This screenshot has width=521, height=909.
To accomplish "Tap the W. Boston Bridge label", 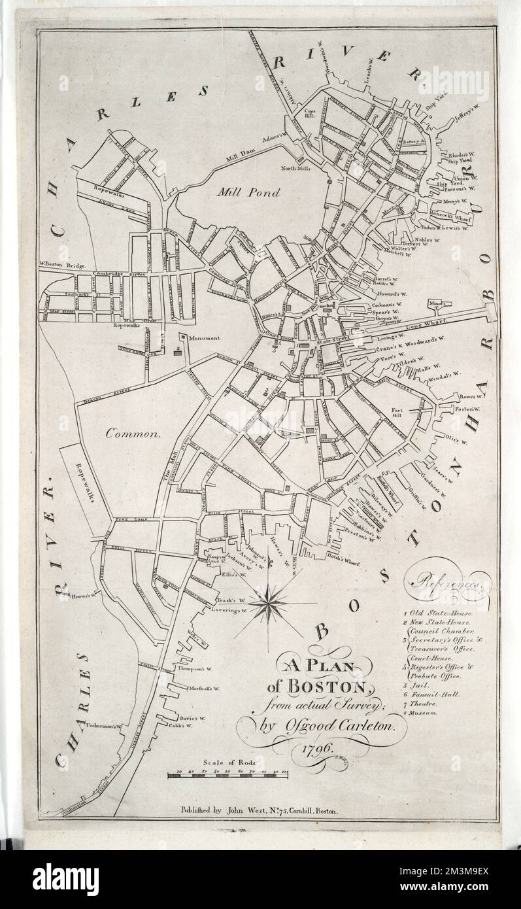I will [67, 264].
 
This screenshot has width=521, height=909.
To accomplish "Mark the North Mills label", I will [295, 168].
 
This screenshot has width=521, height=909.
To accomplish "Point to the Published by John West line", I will [260, 810].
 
